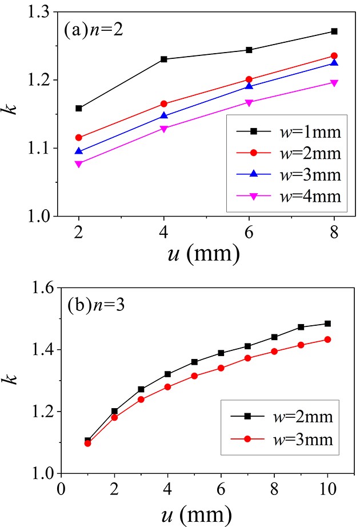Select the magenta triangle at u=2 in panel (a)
[x=79, y=164]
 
